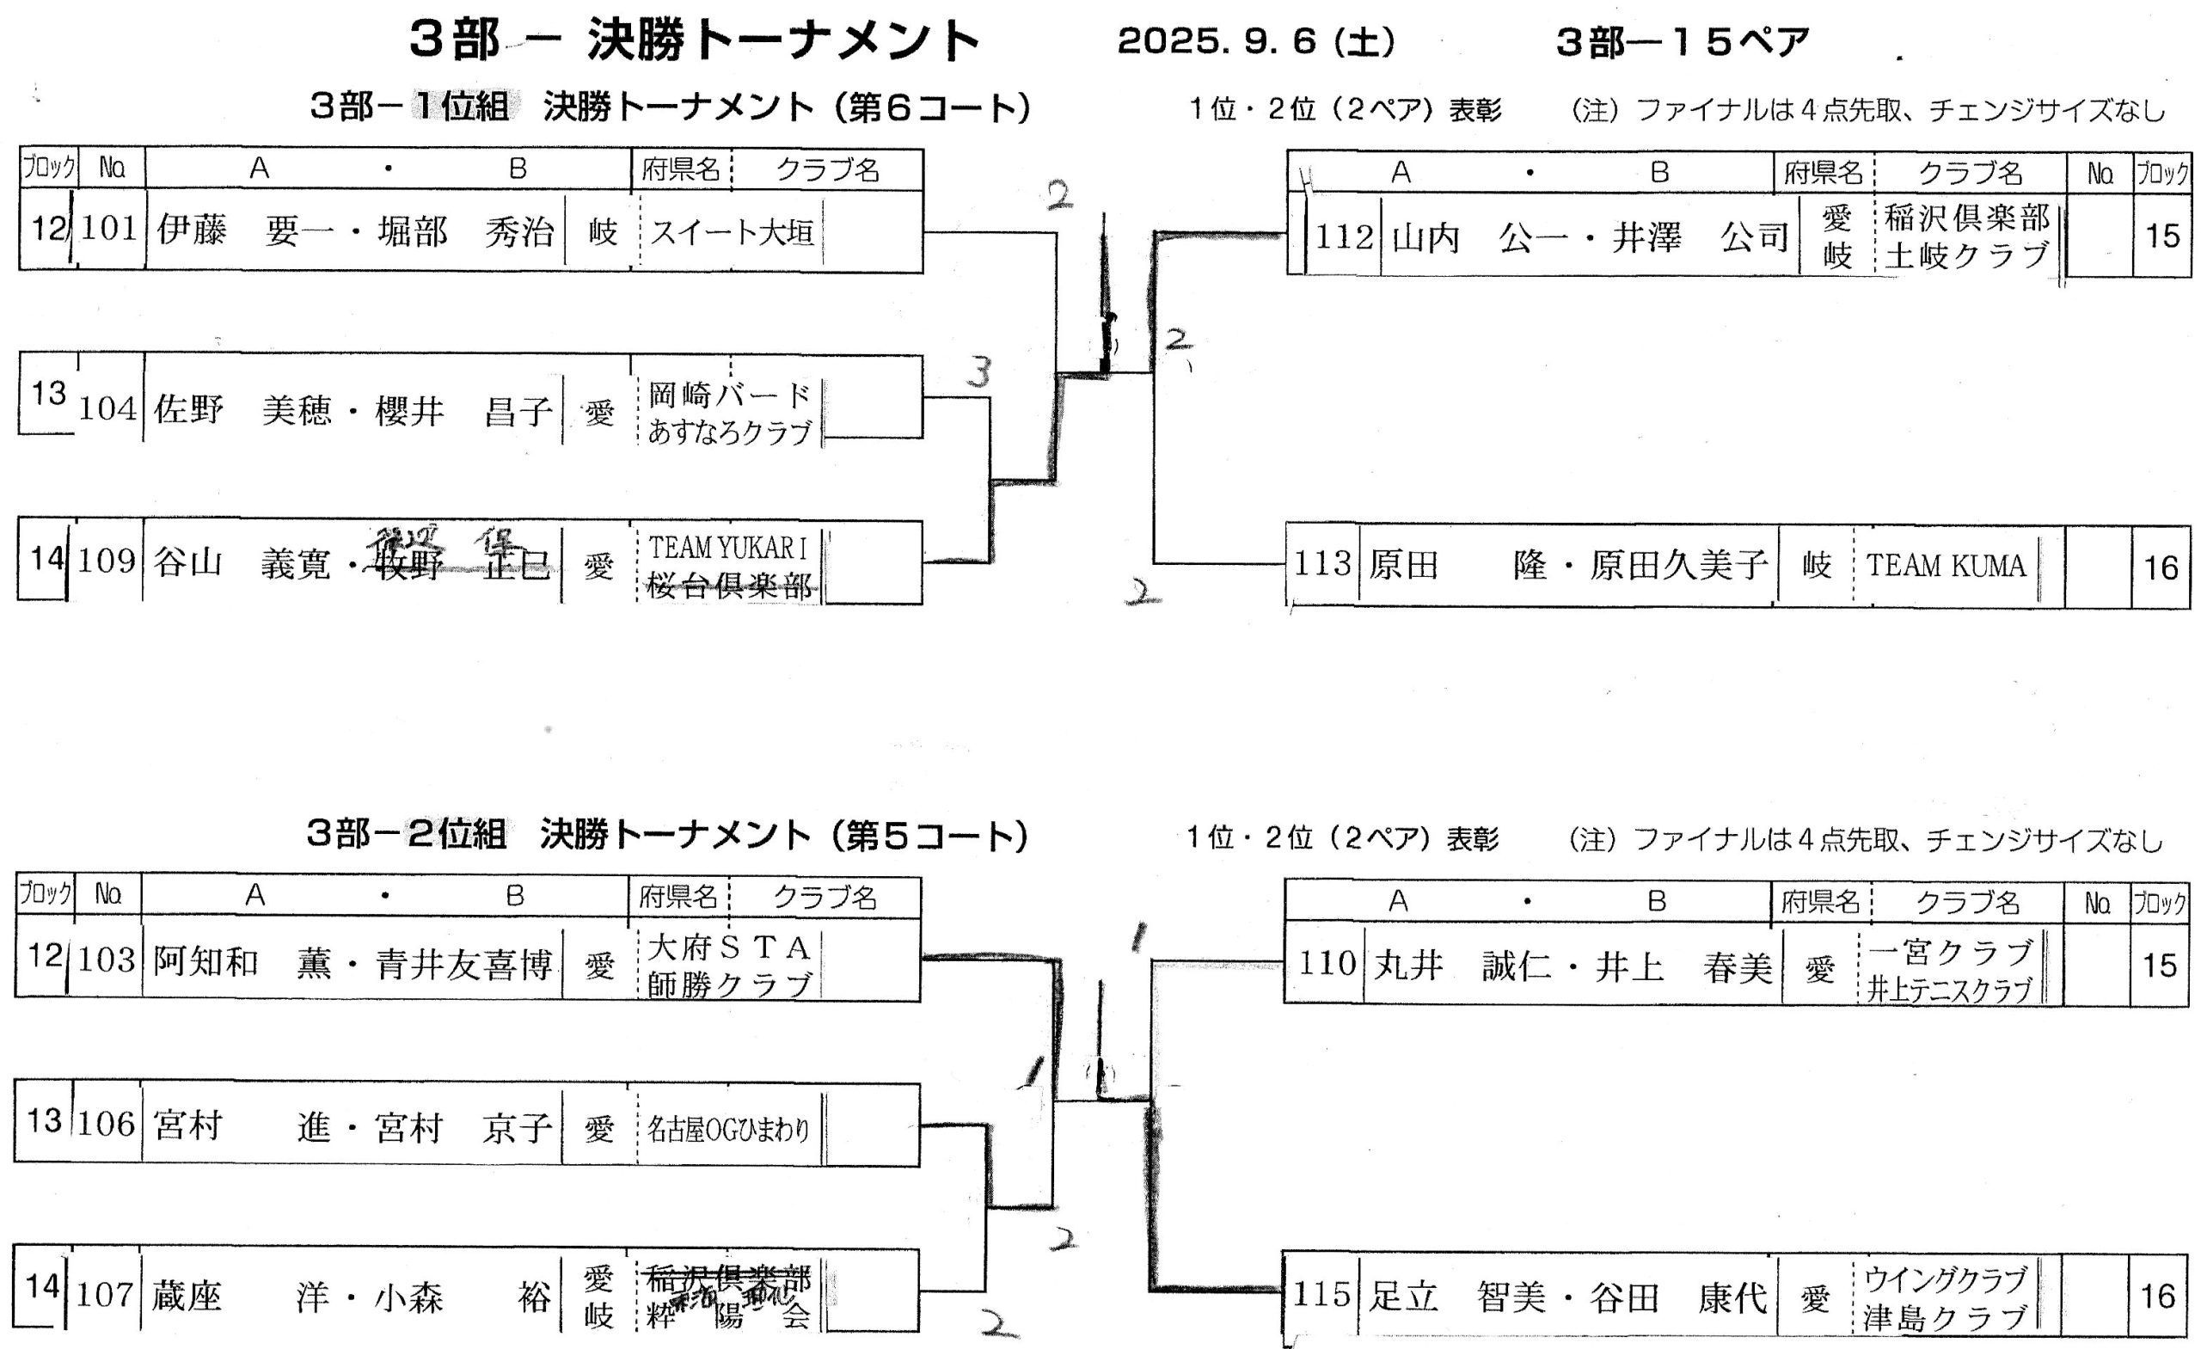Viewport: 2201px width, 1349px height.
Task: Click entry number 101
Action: pos(110,230)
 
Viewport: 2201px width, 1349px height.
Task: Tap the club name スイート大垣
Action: pos(732,233)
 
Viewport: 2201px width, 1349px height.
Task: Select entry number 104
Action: pos(108,409)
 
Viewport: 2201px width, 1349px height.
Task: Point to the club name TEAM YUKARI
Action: pos(727,547)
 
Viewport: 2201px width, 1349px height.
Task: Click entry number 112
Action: pos(1344,236)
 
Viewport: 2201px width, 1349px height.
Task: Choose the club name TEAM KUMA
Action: pos(1946,566)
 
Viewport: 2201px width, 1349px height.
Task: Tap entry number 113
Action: pos(1322,564)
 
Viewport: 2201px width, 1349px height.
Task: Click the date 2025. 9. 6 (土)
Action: pos(1255,42)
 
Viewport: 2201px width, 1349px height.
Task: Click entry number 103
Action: pos(107,960)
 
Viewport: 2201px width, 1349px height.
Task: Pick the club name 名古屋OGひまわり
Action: pos(728,1130)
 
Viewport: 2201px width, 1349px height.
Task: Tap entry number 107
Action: pos(106,1295)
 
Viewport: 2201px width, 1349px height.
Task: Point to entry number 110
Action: pos(1327,964)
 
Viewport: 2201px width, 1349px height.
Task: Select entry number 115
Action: pos(1322,1295)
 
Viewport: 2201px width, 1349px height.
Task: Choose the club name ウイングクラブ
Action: pos(1946,1279)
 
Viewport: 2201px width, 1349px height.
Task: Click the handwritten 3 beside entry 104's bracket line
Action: pos(980,371)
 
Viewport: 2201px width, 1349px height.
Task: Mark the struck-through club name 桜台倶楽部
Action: pos(729,586)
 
